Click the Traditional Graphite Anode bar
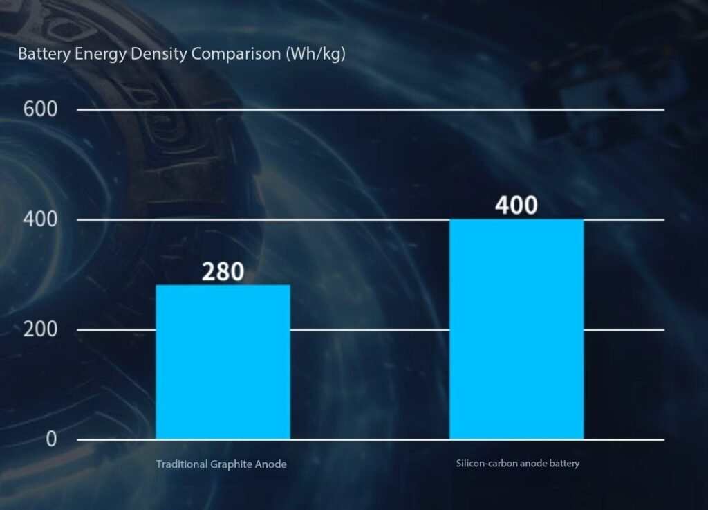coord(223,362)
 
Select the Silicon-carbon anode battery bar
coord(516,329)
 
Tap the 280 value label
coord(223,272)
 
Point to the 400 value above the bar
coord(516,206)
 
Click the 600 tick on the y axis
coord(41,109)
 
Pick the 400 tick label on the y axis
coord(41,219)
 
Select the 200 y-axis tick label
coord(41,329)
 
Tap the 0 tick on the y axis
coord(51,439)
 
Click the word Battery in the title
coord(39,54)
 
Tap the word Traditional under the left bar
coord(180,464)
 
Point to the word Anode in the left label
coord(272,464)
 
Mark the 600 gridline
coord(370,109)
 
